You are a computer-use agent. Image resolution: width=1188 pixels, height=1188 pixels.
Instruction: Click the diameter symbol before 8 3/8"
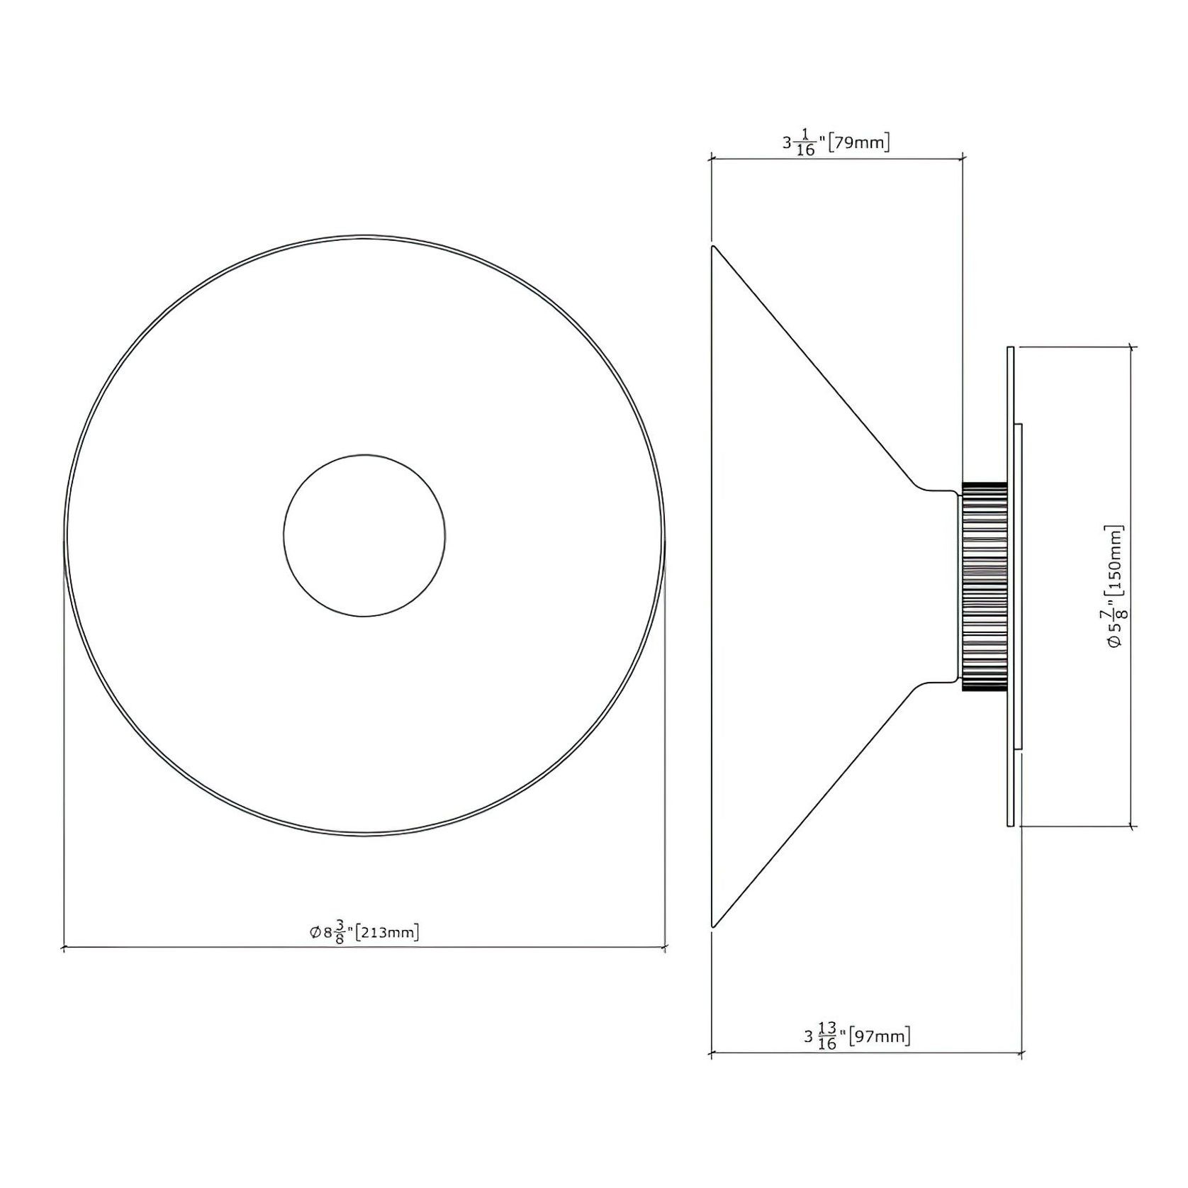pos(315,933)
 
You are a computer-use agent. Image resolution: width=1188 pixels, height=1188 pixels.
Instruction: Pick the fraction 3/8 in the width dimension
pos(340,932)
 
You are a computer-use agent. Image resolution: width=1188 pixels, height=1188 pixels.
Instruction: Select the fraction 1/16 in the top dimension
pos(805,142)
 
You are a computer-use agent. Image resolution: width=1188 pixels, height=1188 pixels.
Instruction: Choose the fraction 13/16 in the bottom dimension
pos(826,1036)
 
